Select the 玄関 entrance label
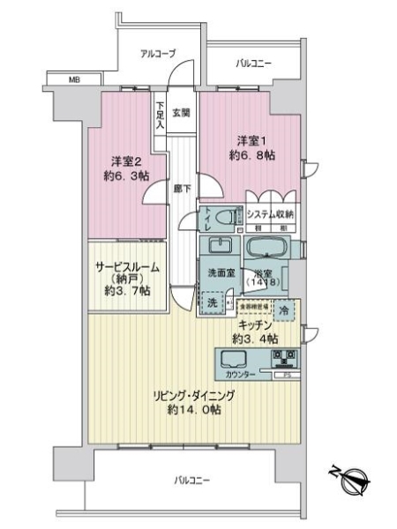(x=181, y=111)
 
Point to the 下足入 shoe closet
(x=161, y=113)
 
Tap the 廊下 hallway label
(x=179, y=188)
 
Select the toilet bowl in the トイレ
(x=226, y=216)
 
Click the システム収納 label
(x=270, y=215)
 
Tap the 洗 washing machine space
(x=213, y=302)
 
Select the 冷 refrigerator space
(x=284, y=310)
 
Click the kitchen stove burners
(x=285, y=359)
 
